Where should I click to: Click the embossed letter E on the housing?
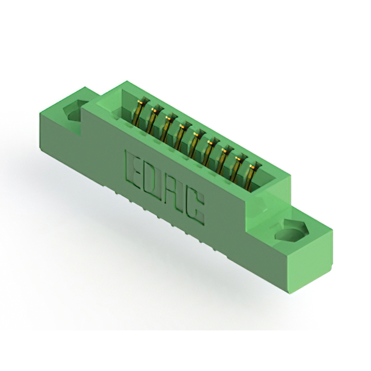(134, 169)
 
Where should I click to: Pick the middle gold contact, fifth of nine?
(195, 144)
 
